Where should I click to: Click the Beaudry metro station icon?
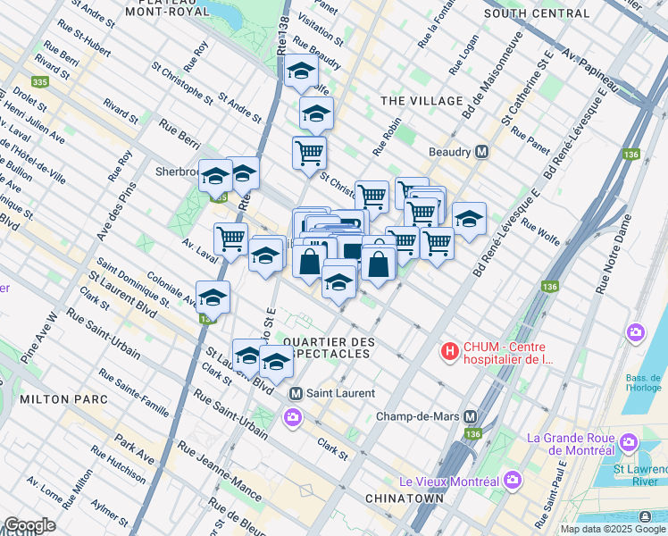(x=482, y=152)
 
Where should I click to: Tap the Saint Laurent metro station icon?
(x=296, y=393)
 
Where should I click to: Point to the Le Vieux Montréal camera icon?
(x=513, y=482)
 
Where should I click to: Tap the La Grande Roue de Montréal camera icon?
(x=629, y=442)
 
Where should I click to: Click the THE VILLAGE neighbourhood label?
(x=422, y=101)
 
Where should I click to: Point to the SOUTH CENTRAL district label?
(x=537, y=13)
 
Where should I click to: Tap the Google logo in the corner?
(x=29, y=525)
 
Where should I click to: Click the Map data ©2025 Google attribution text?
(x=614, y=529)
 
